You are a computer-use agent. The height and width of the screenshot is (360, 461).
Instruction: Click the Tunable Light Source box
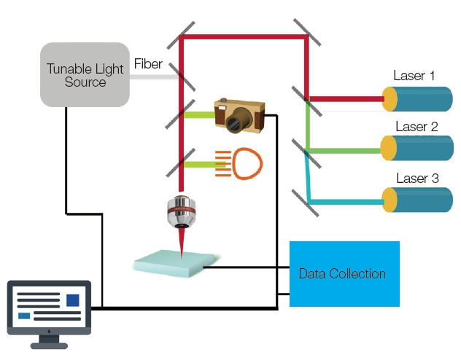(85, 74)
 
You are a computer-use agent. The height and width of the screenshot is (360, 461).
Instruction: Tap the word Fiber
(148, 63)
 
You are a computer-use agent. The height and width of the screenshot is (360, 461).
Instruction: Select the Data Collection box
(344, 274)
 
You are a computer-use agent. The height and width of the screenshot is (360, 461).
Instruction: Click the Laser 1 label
(414, 76)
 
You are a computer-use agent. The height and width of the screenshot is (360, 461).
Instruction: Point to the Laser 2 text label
(417, 127)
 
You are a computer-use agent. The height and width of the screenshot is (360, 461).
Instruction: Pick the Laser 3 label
(417, 178)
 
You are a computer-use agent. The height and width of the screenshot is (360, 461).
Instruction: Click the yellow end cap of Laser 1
(390, 99)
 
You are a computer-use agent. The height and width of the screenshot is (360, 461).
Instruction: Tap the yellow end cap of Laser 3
(390, 200)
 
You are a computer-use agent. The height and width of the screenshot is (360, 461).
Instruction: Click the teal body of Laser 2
(424, 148)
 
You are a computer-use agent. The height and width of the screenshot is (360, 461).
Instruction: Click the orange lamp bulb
(247, 163)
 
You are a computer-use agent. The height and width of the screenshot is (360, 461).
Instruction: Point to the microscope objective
(182, 212)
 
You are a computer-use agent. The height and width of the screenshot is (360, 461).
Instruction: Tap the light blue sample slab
(175, 263)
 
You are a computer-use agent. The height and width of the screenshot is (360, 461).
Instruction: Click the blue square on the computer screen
(73, 300)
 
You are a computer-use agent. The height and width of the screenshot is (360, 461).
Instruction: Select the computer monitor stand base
(49, 345)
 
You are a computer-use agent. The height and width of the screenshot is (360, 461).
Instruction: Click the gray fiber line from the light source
(154, 77)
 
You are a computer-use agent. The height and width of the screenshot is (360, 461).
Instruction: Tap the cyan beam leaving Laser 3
(346, 202)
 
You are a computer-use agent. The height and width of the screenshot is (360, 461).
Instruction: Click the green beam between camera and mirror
(199, 115)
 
